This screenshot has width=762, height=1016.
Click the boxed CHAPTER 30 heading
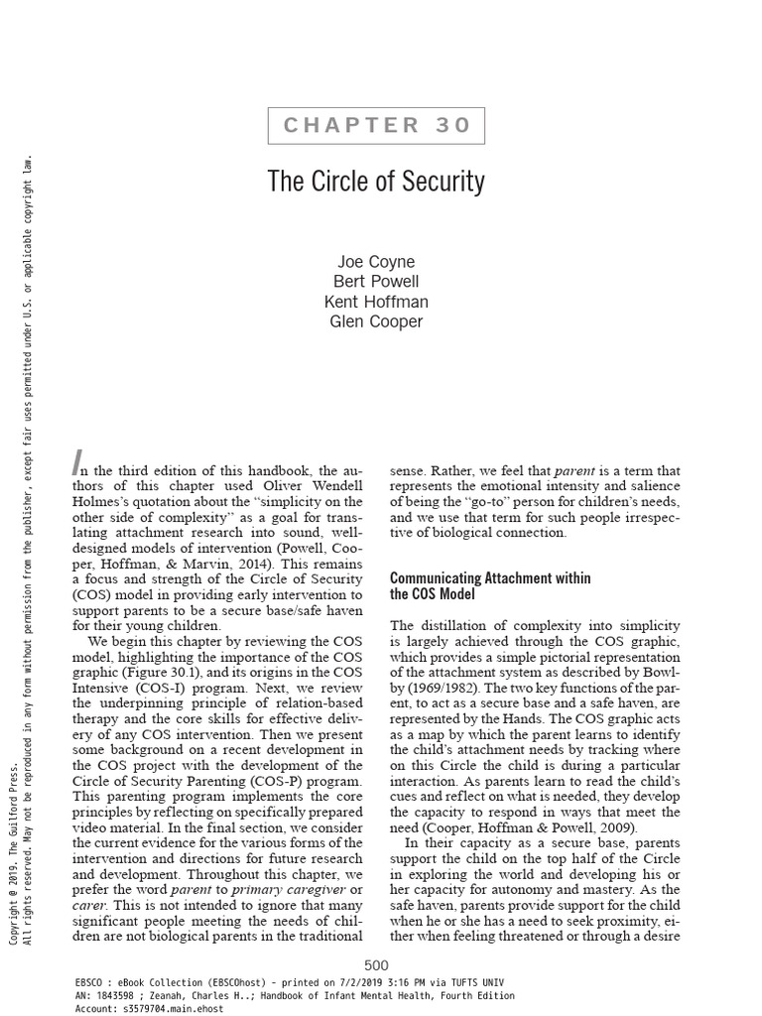[376, 125]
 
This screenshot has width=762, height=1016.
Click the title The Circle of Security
[376, 182]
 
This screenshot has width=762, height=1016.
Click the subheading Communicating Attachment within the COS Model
[490, 585]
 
